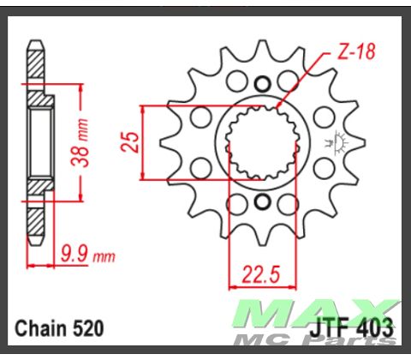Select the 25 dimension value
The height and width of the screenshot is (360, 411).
coord(130,141)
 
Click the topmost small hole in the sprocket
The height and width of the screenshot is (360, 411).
coord(263,83)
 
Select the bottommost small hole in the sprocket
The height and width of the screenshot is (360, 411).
coord(263,202)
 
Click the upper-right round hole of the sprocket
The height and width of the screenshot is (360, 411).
coord(323,116)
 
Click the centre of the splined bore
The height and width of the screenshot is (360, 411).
coord(262,142)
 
